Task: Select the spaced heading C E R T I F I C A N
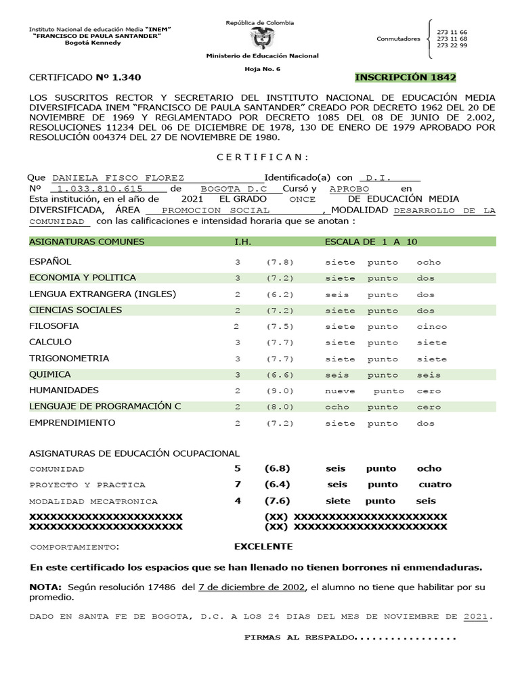click(x=263, y=157)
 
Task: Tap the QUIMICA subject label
click(x=49, y=374)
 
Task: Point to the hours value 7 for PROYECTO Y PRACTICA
click(x=237, y=485)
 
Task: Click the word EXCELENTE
click(x=263, y=546)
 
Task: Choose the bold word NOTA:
click(x=45, y=587)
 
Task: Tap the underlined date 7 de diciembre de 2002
click(x=252, y=587)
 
